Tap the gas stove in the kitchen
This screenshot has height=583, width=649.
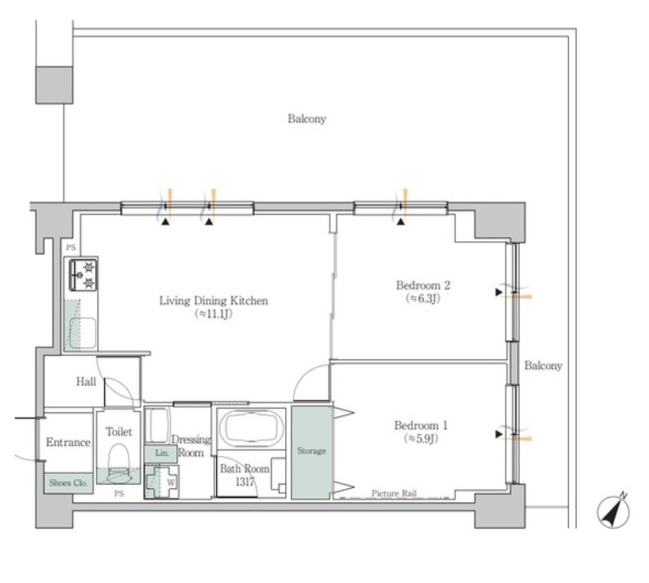(83, 274)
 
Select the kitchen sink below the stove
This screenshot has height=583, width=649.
(82, 333)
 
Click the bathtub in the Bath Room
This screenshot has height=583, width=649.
(252, 429)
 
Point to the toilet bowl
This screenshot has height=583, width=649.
(119, 463)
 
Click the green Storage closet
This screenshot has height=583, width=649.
(311, 452)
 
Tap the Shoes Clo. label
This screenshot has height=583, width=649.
(68, 483)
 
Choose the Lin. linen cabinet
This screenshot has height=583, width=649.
(161, 453)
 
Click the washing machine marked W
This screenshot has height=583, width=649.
(162, 482)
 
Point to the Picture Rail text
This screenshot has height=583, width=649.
(393, 493)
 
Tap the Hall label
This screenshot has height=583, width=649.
(86, 382)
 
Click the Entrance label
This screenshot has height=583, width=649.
(68, 442)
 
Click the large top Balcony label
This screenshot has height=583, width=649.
(307, 119)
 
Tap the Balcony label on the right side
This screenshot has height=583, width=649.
(543, 366)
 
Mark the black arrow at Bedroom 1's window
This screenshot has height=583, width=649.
(499, 434)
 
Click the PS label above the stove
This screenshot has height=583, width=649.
(71, 248)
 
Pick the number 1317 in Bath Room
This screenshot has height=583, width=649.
(245, 481)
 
